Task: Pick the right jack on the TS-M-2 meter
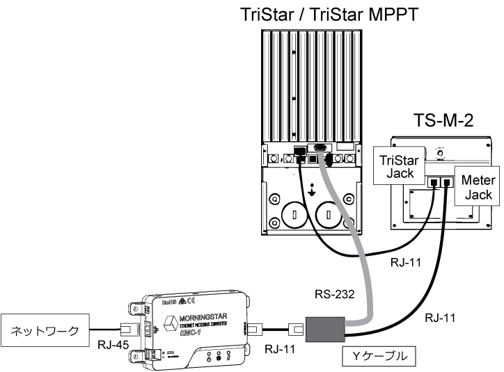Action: click(446, 183)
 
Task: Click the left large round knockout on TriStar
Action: click(293, 213)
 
